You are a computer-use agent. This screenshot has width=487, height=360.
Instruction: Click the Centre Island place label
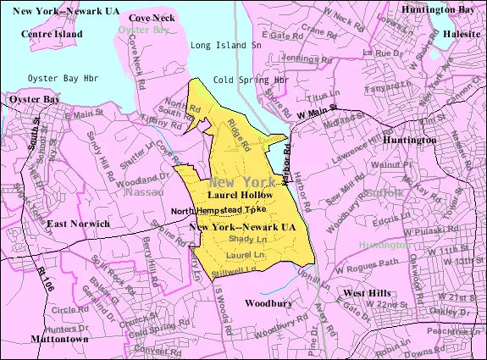coord(53,33)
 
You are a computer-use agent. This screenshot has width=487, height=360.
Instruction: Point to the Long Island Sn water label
coord(226,45)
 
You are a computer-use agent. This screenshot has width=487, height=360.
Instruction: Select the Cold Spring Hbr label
coord(252,80)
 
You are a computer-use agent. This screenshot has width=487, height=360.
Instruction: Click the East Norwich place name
coord(78,224)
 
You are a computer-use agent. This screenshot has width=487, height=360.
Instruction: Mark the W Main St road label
coord(318,110)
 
